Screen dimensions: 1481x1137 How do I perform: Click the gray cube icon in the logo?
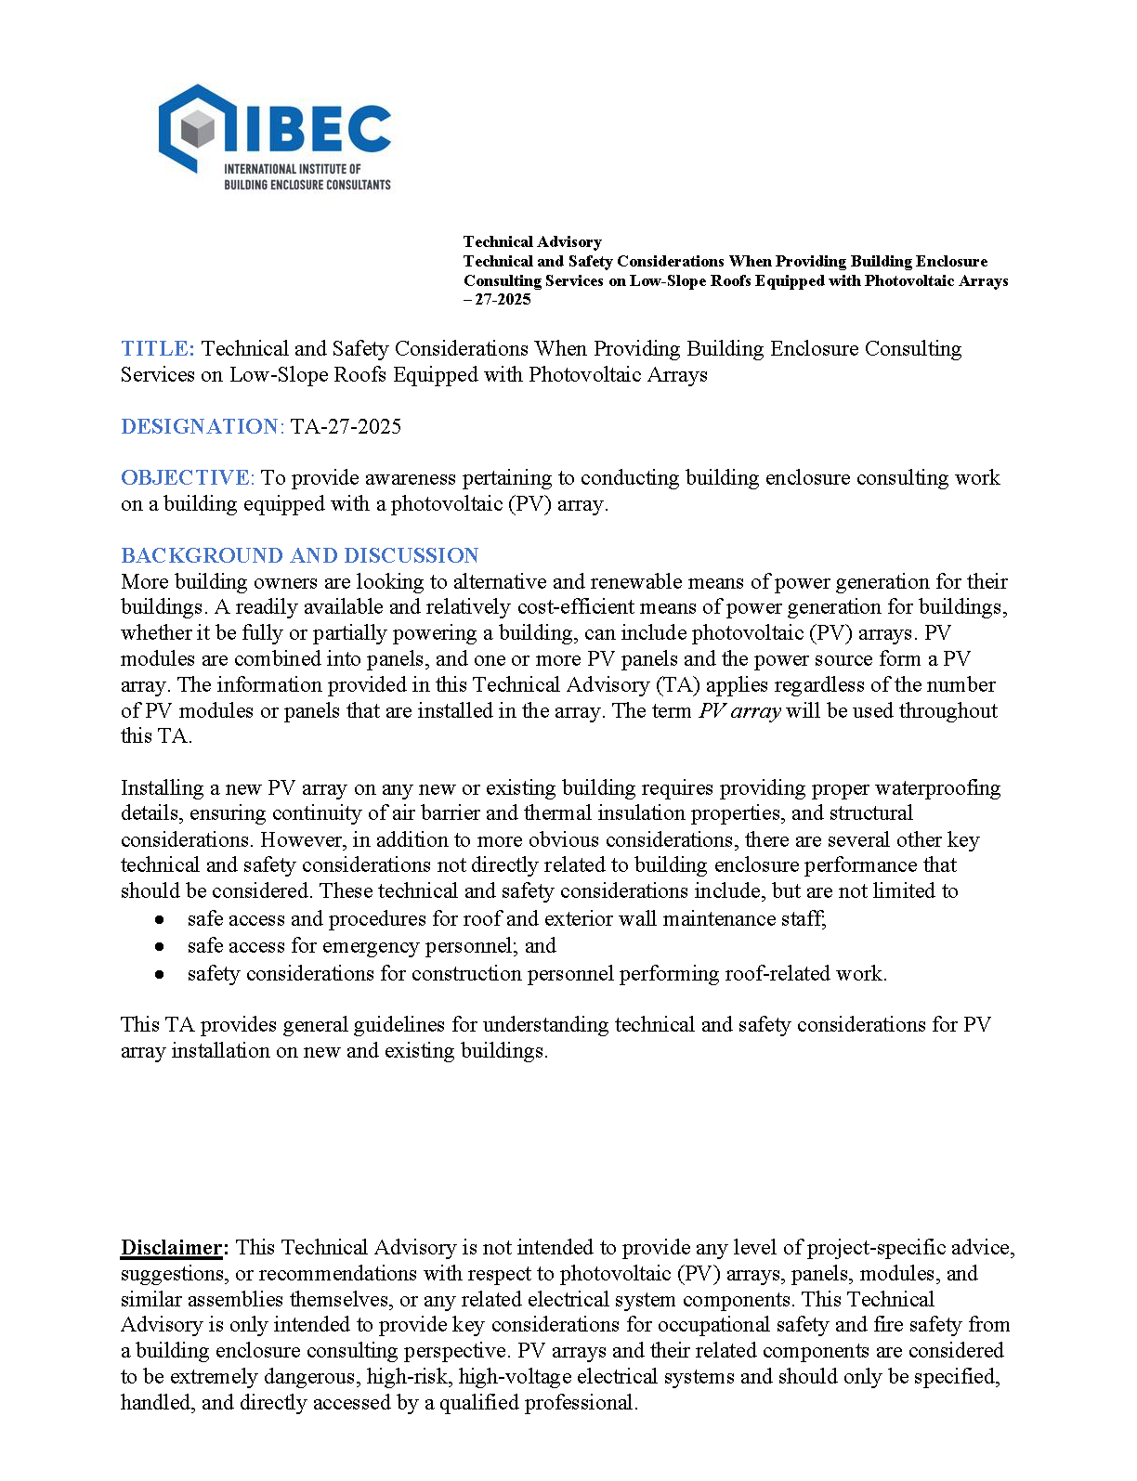pos(198,129)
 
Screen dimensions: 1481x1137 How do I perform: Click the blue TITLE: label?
pos(158,349)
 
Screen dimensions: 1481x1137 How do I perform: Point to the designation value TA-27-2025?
pos(346,427)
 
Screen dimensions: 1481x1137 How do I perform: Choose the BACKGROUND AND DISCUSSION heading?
pos(299,555)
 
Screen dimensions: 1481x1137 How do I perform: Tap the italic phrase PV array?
pos(739,711)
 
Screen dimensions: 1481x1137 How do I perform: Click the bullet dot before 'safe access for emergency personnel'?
pos(160,946)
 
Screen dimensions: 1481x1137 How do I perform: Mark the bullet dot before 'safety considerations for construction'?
pos(160,974)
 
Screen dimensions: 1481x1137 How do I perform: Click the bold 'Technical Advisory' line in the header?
pos(532,241)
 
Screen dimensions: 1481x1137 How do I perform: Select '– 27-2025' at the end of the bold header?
pos(497,299)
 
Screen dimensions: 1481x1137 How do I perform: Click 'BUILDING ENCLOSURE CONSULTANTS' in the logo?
pos(307,185)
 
